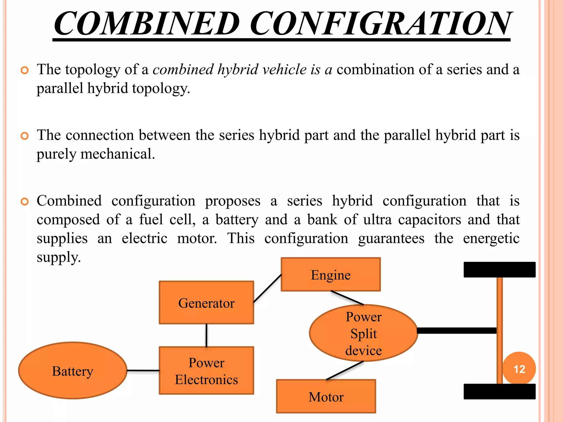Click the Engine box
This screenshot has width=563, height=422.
pos(331,274)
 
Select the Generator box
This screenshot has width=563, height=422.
pos(206,302)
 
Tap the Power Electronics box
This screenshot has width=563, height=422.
pos(206,371)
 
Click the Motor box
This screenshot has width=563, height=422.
pos(326,396)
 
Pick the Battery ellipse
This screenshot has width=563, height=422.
pos(73,371)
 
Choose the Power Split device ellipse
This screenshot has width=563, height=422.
pos(363,333)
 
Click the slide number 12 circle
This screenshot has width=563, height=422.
pos(519,369)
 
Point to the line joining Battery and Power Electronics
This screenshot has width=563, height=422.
pos(143,371)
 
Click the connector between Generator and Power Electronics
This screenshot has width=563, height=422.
pos(206,335)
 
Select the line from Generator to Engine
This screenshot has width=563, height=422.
pos(267,288)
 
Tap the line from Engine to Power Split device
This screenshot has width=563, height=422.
pos(347,298)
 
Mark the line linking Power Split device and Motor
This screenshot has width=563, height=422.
pos(345,371)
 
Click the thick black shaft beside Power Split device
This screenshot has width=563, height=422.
pos(456,331)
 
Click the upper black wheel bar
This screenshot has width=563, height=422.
pos(499,270)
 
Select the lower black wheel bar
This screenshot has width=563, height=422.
pos(499,392)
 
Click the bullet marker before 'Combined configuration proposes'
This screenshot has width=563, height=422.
pos(25,202)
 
